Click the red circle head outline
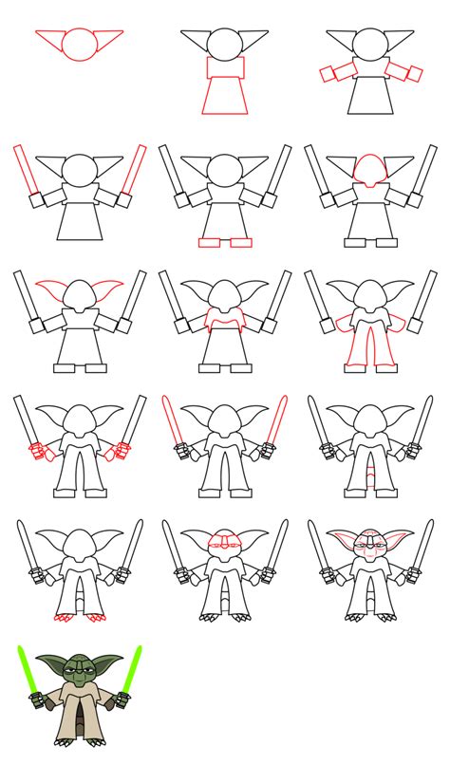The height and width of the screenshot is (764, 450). tap(80, 44)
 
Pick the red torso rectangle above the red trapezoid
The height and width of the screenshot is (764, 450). tap(225, 68)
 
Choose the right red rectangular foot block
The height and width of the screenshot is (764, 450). tap(241, 242)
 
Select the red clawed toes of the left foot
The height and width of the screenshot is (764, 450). tap(66, 618)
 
